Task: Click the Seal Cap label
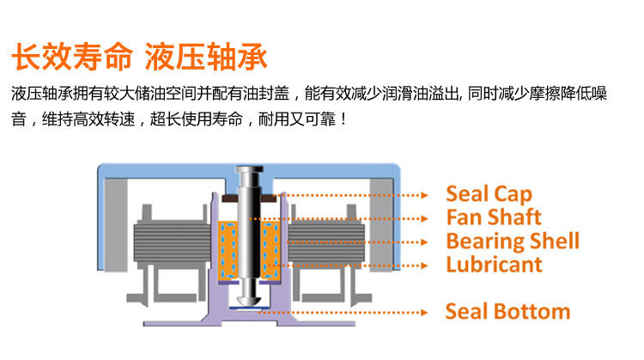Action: (x=489, y=194)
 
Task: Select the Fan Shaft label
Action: (x=494, y=217)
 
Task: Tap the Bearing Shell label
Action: (x=513, y=241)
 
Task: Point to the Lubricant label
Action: (x=494, y=264)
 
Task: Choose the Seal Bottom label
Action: (x=507, y=310)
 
